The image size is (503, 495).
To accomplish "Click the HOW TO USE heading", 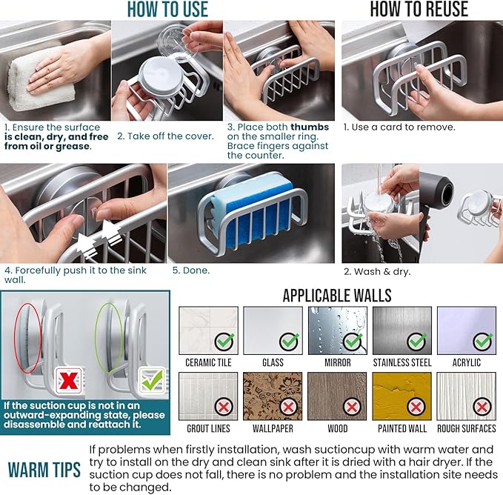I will click(167, 10).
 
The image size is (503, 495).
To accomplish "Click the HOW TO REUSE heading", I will click(419, 10).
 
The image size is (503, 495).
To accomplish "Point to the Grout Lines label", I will click(208, 428).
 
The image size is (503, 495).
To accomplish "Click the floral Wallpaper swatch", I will click(273, 396).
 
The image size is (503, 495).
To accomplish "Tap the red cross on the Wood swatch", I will click(351, 407).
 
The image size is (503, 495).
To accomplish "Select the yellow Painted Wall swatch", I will click(402, 396).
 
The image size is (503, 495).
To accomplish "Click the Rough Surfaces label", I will click(466, 428).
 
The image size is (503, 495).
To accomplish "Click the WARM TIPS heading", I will click(44, 470).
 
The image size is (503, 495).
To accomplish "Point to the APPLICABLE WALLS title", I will click(337, 296).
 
